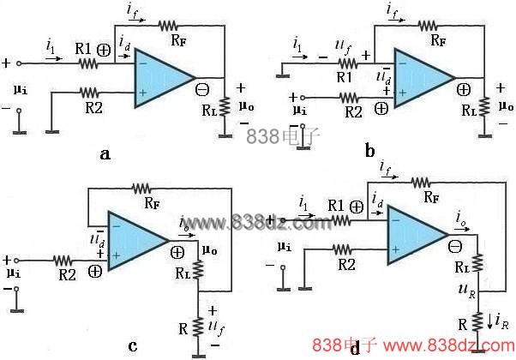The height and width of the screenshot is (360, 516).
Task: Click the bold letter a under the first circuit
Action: coord(129,154)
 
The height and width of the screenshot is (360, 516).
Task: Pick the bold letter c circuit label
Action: coord(133,345)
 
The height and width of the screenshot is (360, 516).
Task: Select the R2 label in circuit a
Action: coord(90,109)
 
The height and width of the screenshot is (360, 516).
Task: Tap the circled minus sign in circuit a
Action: coord(203,88)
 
